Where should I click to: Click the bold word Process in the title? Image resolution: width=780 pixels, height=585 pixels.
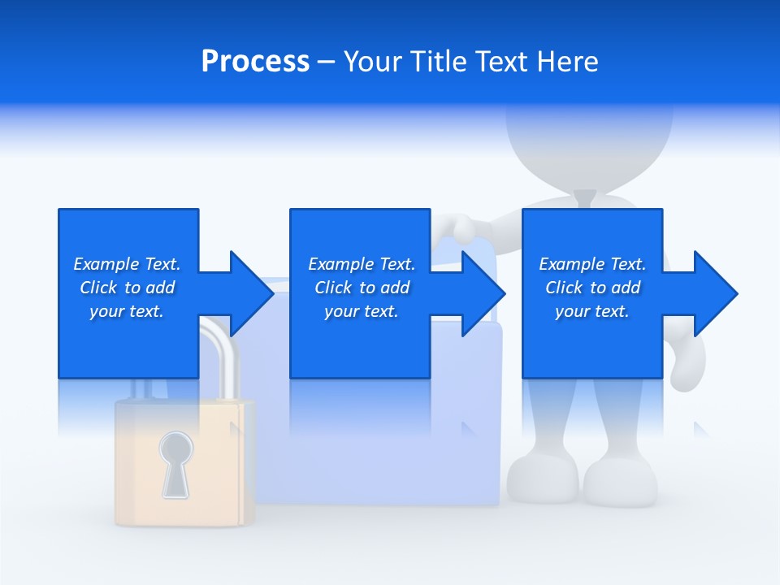click(255, 62)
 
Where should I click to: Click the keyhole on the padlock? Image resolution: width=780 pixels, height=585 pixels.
click(176, 463)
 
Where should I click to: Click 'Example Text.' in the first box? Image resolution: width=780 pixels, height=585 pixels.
click(127, 264)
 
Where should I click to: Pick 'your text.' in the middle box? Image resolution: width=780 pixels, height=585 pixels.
click(362, 311)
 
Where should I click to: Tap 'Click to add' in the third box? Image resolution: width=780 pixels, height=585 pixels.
click(592, 288)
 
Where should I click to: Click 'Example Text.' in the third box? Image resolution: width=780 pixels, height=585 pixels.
click(592, 264)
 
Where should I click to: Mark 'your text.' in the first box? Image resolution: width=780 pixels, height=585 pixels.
click(127, 311)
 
